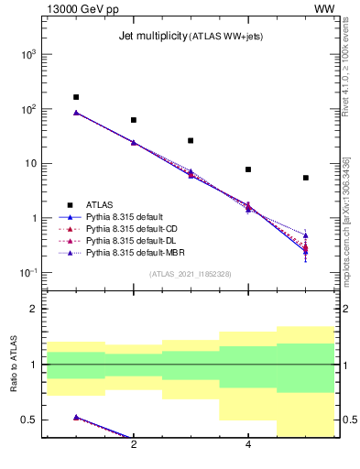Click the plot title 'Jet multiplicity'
153,37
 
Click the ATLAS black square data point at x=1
76,97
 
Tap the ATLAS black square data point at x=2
134,120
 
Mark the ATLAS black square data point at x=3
191,141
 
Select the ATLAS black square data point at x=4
248,169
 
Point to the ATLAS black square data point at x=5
305,178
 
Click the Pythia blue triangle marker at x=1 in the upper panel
76,113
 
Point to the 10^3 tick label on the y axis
27,55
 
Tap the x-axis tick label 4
248,445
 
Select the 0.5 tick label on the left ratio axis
29,420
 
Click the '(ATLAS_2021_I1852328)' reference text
191,273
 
